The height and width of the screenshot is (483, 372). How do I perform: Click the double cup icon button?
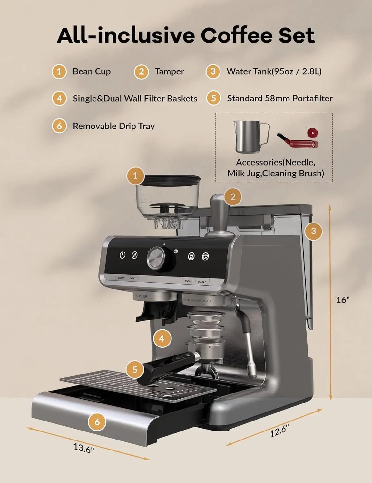pyautogui.click(x=205, y=256)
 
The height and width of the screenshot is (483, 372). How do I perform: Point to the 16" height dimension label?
pyautogui.click(x=343, y=300)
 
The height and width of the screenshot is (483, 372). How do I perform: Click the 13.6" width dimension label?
pyautogui.click(x=83, y=448)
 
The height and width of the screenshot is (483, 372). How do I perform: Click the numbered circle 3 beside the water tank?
pyautogui.click(x=314, y=231)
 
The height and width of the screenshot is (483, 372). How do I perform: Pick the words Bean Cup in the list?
pyautogui.click(x=92, y=71)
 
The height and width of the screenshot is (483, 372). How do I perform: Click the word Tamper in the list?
pyautogui.click(x=169, y=71)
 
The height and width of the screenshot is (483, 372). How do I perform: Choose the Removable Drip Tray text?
pyautogui.click(x=113, y=126)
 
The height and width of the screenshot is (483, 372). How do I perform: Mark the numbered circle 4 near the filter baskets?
pyautogui.click(x=162, y=338)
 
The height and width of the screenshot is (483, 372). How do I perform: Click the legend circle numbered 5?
pyautogui.click(x=213, y=98)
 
